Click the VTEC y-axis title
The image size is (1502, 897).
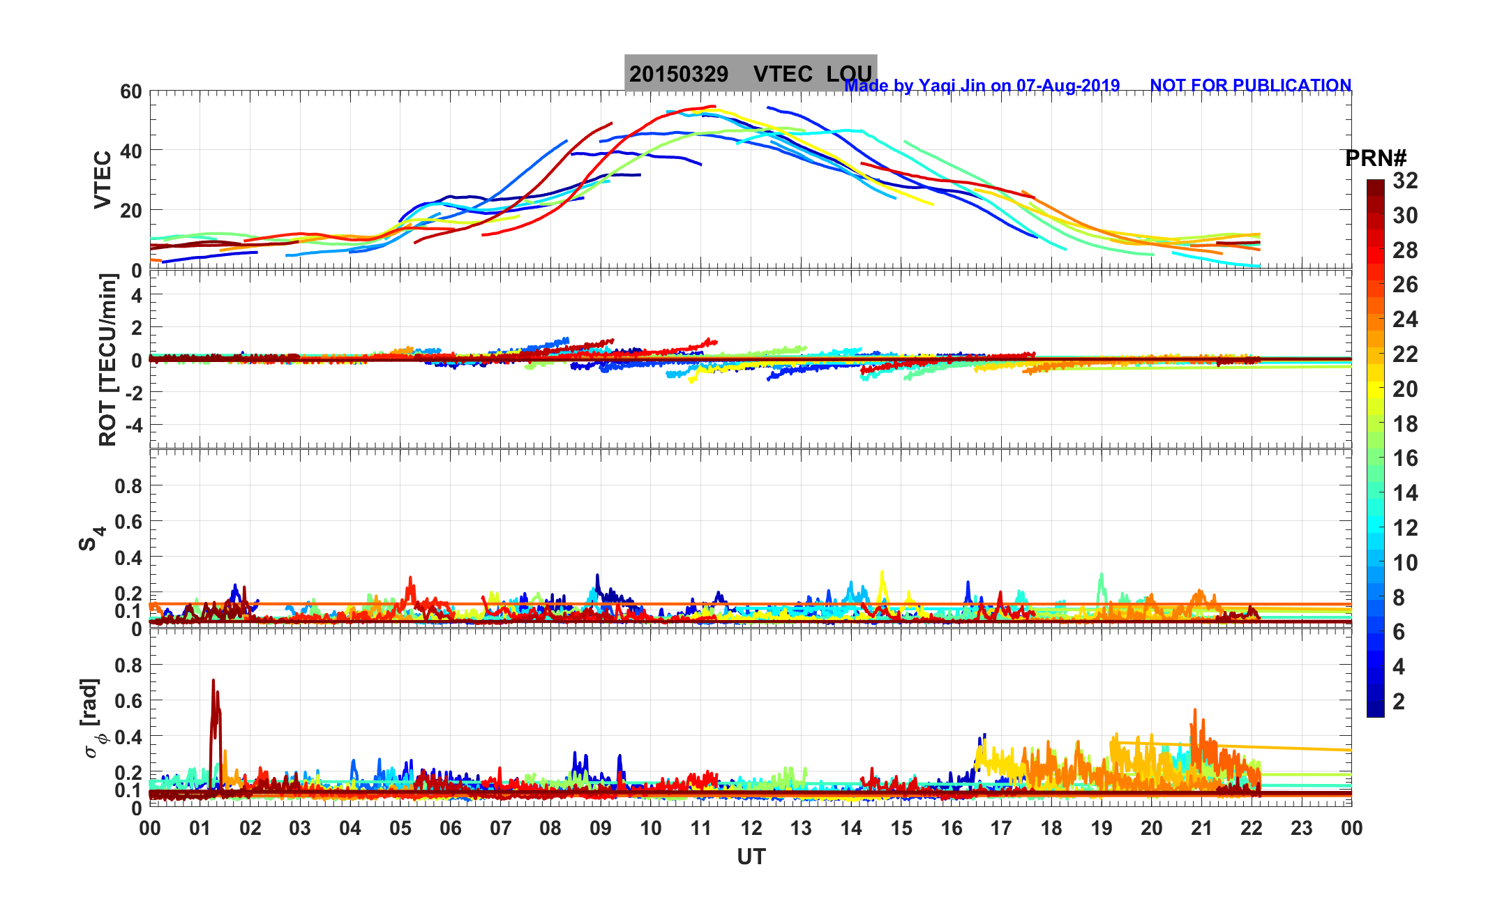point(103,180)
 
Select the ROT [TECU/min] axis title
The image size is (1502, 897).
point(107,360)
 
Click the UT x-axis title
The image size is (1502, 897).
point(751,857)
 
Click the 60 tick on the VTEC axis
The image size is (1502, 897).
point(130,92)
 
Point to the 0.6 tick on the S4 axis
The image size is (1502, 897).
point(128,522)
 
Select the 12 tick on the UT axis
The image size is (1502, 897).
point(751,829)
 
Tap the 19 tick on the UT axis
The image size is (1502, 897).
point(1102,829)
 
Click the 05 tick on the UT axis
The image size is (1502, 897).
point(400,829)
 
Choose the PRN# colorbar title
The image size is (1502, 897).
point(1376,159)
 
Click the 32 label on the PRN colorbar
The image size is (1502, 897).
point(1405,181)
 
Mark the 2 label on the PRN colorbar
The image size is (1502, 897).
point(1399,702)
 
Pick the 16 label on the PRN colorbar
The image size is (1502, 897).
point(1405,458)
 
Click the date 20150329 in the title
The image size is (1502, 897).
point(679,74)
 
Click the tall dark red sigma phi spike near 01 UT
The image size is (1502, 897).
point(214,684)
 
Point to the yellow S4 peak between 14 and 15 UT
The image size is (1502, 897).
point(882,573)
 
